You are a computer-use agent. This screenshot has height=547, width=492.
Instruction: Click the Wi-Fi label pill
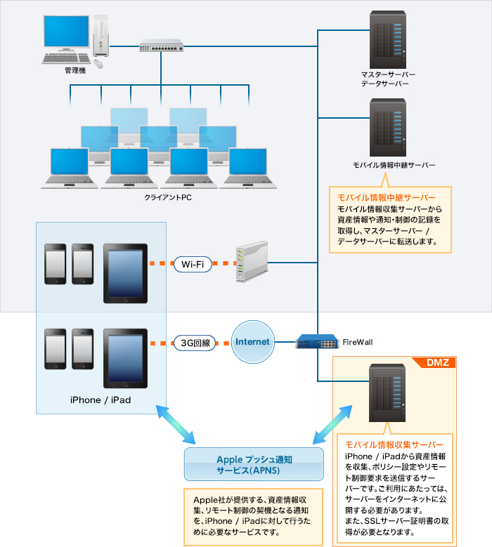193,264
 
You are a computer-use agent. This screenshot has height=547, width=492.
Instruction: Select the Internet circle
252,342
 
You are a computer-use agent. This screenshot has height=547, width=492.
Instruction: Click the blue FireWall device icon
316,342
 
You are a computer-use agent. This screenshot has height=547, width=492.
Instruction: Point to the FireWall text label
357,342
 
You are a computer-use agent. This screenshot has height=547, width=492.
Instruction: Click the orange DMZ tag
442,362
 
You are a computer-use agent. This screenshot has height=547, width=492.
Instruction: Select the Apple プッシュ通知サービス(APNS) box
254,464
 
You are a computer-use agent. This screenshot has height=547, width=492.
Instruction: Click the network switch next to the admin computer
161,46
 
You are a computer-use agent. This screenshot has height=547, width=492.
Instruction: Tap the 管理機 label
75,71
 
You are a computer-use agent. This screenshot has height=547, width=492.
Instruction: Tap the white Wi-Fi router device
252,263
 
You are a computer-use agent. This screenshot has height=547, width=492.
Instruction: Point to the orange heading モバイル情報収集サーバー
390,445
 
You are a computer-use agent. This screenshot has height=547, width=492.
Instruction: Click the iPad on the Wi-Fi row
125,272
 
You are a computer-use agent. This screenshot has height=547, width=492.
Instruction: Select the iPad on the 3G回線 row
125,358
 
